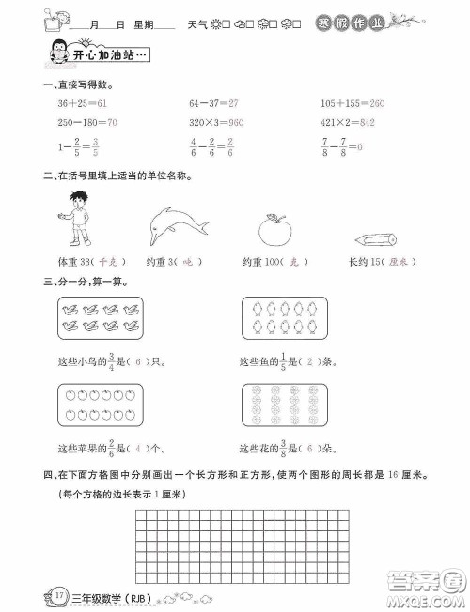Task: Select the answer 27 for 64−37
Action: point(233,102)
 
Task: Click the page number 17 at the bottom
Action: point(33,596)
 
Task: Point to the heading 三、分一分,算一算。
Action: point(79,282)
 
